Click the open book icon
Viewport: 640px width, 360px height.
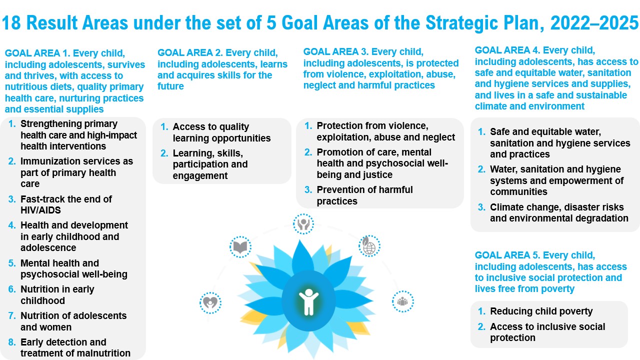(x=240, y=247)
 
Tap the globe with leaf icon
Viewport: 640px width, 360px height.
(x=369, y=246)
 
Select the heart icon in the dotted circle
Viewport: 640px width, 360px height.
(x=210, y=303)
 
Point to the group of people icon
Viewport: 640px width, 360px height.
(x=403, y=301)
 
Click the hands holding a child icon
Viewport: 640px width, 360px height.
(x=303, y=224)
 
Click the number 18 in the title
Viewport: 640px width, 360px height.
(x=11, y=23)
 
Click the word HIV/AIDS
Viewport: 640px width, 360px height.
(x=40, y=210)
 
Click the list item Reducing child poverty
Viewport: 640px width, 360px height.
(x=541, y=311)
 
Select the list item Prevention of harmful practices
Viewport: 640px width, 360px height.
(x=364, y=195)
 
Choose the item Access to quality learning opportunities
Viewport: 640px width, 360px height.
(x=221, y=132)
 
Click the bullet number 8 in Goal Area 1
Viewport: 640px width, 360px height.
(x=11, y=342)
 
